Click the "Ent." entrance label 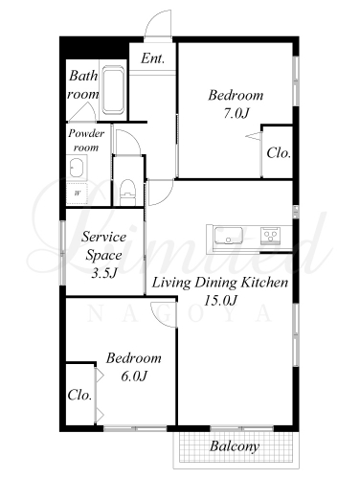coord(152,58)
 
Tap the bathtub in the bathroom coord(113,90)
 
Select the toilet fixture coord(127,193)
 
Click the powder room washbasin coord(77,167)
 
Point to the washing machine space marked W coord(77,194)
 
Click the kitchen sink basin coord(228,236)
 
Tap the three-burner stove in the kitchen coord(271,236)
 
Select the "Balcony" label coord(235,445)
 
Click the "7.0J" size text coord(236,113)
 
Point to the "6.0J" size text coord(134,376)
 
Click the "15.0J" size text coord(220,300)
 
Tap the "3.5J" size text coord(104,273)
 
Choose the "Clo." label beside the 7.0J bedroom coord(279,153)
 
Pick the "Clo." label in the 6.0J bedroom coord(79,396)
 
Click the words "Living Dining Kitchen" coord(220,283)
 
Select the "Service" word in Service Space coord(104,237)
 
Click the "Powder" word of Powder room coord(86,133)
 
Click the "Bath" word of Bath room coord(83,76)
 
